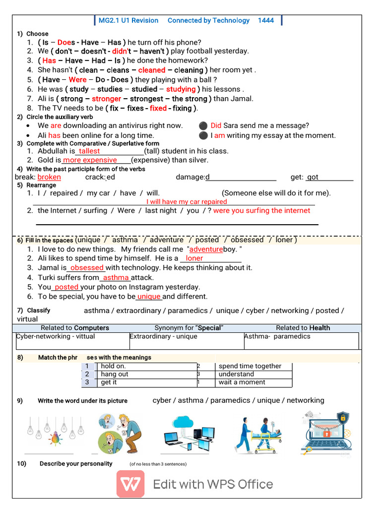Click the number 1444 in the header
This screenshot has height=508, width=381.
click(265, 20)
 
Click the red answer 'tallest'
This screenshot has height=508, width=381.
click(89, 151)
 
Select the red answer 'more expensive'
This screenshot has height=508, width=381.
click(90, 160)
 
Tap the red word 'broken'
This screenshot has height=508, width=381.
click(49, 177)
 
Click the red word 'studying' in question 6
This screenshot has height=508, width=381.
click(181, 89)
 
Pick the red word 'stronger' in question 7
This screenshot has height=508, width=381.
click(106, 99)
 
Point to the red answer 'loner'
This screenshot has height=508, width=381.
click(194, 258)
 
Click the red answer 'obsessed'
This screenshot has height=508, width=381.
click(87, 268)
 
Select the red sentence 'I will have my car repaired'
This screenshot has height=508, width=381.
click(187, 202)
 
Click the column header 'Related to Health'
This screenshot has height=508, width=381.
click(303, 328)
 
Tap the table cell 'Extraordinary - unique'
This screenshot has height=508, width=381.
click(163, 336)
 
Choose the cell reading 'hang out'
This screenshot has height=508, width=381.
click(115, 375)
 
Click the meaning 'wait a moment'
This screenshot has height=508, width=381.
click(242, 382)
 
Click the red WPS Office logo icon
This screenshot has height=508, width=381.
click(130, 484)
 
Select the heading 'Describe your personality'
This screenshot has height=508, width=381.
click(76, 464)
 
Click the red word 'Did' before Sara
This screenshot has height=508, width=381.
click(216, 126)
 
